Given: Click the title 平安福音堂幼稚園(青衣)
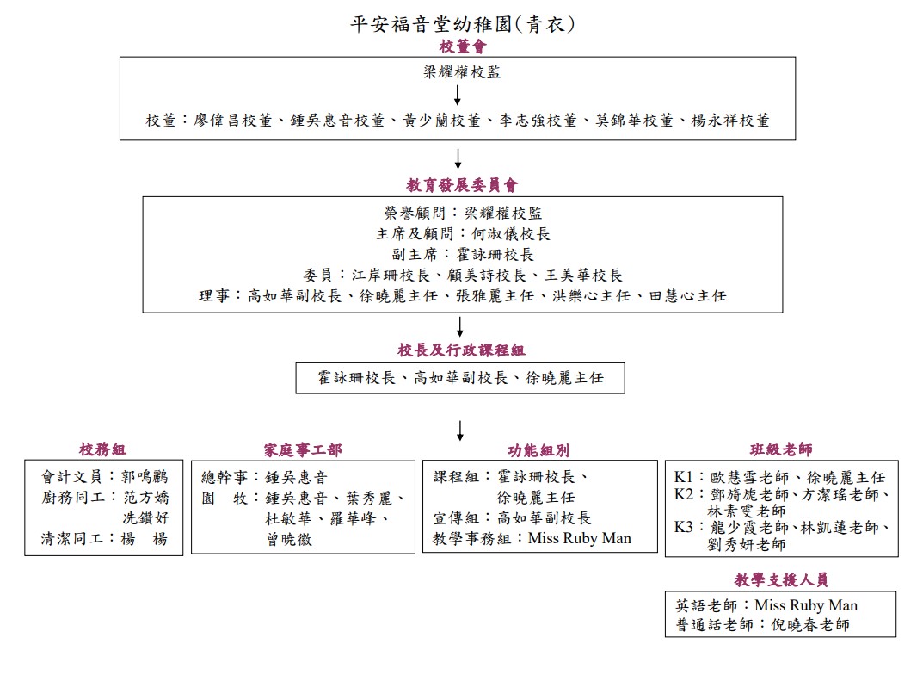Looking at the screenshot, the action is pos(463,24).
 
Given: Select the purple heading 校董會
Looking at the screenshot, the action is pos(463,46).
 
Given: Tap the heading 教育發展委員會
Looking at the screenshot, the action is pos(462,185).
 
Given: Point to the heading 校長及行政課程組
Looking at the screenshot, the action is pos(461,350).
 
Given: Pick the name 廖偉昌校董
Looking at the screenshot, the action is pos(233,121).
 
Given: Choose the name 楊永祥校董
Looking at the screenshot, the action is pos(730,121).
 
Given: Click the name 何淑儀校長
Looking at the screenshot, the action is pos(511,234).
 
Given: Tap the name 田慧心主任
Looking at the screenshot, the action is pos(687,295).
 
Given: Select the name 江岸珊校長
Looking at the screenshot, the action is pos(391,275).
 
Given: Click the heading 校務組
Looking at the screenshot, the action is pos(103,450).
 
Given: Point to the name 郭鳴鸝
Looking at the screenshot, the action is pos(145,476).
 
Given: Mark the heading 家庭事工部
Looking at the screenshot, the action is pos(303,450).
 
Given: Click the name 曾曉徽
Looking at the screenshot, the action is pos(289,540).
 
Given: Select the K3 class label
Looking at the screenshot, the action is pos(684,527).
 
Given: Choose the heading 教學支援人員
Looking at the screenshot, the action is pos(781,580).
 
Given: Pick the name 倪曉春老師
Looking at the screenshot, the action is pos(810,625).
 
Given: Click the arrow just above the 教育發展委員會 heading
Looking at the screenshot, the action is pos(458,158).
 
